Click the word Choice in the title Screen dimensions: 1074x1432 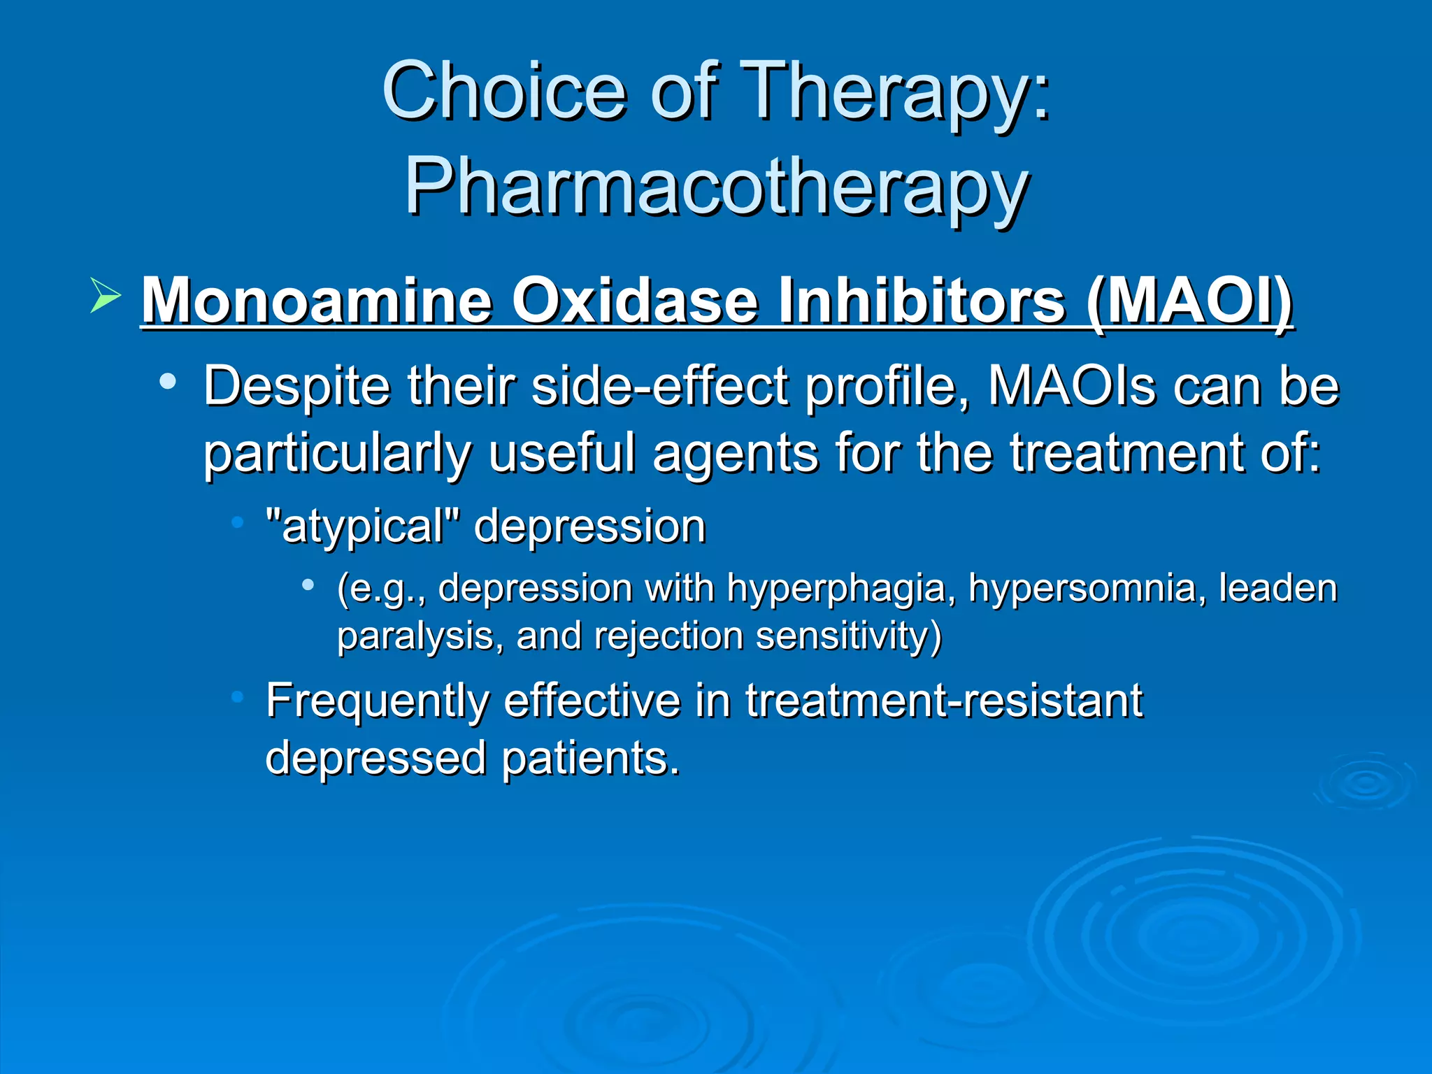point(503,91)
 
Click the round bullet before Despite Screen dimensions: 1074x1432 point(167,382)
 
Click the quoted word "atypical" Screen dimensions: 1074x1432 point(363,527)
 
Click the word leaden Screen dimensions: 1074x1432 point(1277,587)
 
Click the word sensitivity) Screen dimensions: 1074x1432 point(849,636)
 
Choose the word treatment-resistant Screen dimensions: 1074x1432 point(943,700)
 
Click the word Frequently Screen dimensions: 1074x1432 point(377,701)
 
